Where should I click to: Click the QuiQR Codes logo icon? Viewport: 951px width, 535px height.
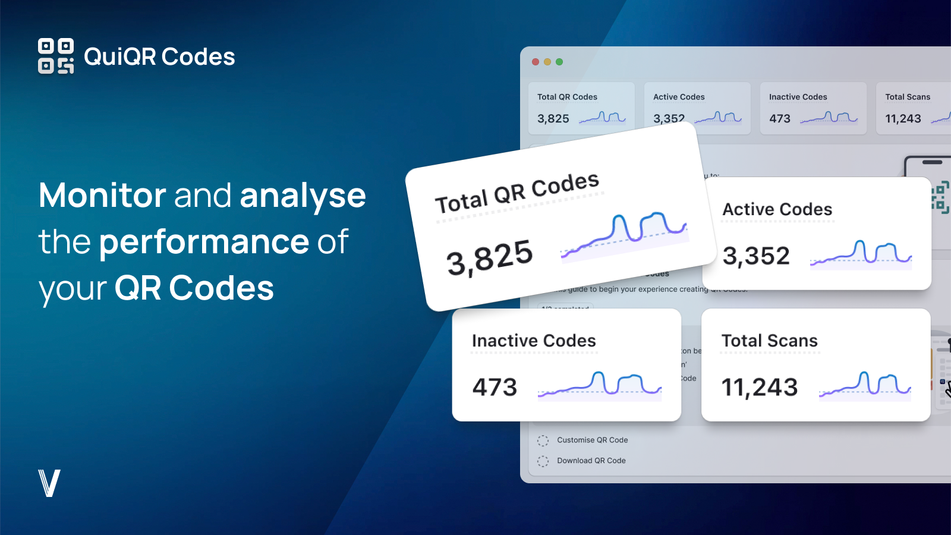[56, 56]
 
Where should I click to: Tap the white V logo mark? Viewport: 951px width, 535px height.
[49, 483]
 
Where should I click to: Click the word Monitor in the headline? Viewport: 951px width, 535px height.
[102, 195]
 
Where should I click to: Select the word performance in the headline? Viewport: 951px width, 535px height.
[204, 242]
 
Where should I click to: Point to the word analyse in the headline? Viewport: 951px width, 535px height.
[303, 196]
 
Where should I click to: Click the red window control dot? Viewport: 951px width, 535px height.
[536, 62]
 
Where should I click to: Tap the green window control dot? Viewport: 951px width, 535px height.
[559, 62]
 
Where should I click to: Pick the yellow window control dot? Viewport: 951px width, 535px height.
[547, 62]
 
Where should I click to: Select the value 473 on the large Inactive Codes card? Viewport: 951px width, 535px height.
[495, 388]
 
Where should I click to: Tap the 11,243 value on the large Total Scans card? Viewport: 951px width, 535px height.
[759, 388]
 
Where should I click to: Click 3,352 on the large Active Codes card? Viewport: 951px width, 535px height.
[756, 256]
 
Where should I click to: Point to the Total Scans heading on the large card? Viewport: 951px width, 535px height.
[769, 341]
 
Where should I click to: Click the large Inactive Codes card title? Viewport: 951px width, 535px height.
[534, 341]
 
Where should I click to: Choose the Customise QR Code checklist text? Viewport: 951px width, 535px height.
[592, 440]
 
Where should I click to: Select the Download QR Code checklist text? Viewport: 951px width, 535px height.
[591, 461]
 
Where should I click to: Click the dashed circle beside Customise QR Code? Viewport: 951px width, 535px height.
[543, 440]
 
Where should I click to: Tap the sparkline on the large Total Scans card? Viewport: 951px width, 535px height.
[865, 385]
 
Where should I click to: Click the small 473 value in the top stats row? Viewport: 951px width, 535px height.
[780, 118]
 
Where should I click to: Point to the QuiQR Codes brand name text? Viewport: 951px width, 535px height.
[159, 57]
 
